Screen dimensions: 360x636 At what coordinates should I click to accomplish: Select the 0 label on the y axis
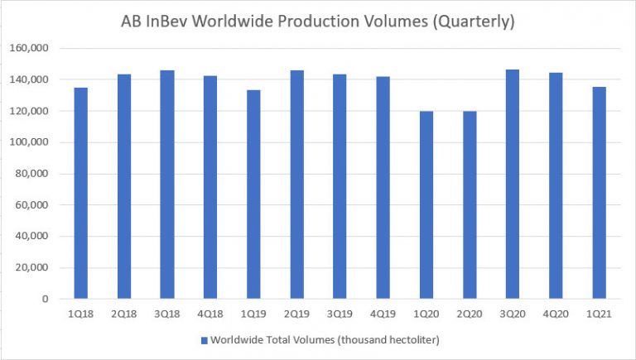(x=51, y=300)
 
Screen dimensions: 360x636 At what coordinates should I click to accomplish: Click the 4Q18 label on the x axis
(x=210, y=315)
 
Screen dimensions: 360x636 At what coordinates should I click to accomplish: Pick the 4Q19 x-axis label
(x=383, y=315)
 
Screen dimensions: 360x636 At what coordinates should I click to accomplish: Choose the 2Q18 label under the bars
(x=124, y=315)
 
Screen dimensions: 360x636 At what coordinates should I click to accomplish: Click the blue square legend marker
(x=203, y=340)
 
